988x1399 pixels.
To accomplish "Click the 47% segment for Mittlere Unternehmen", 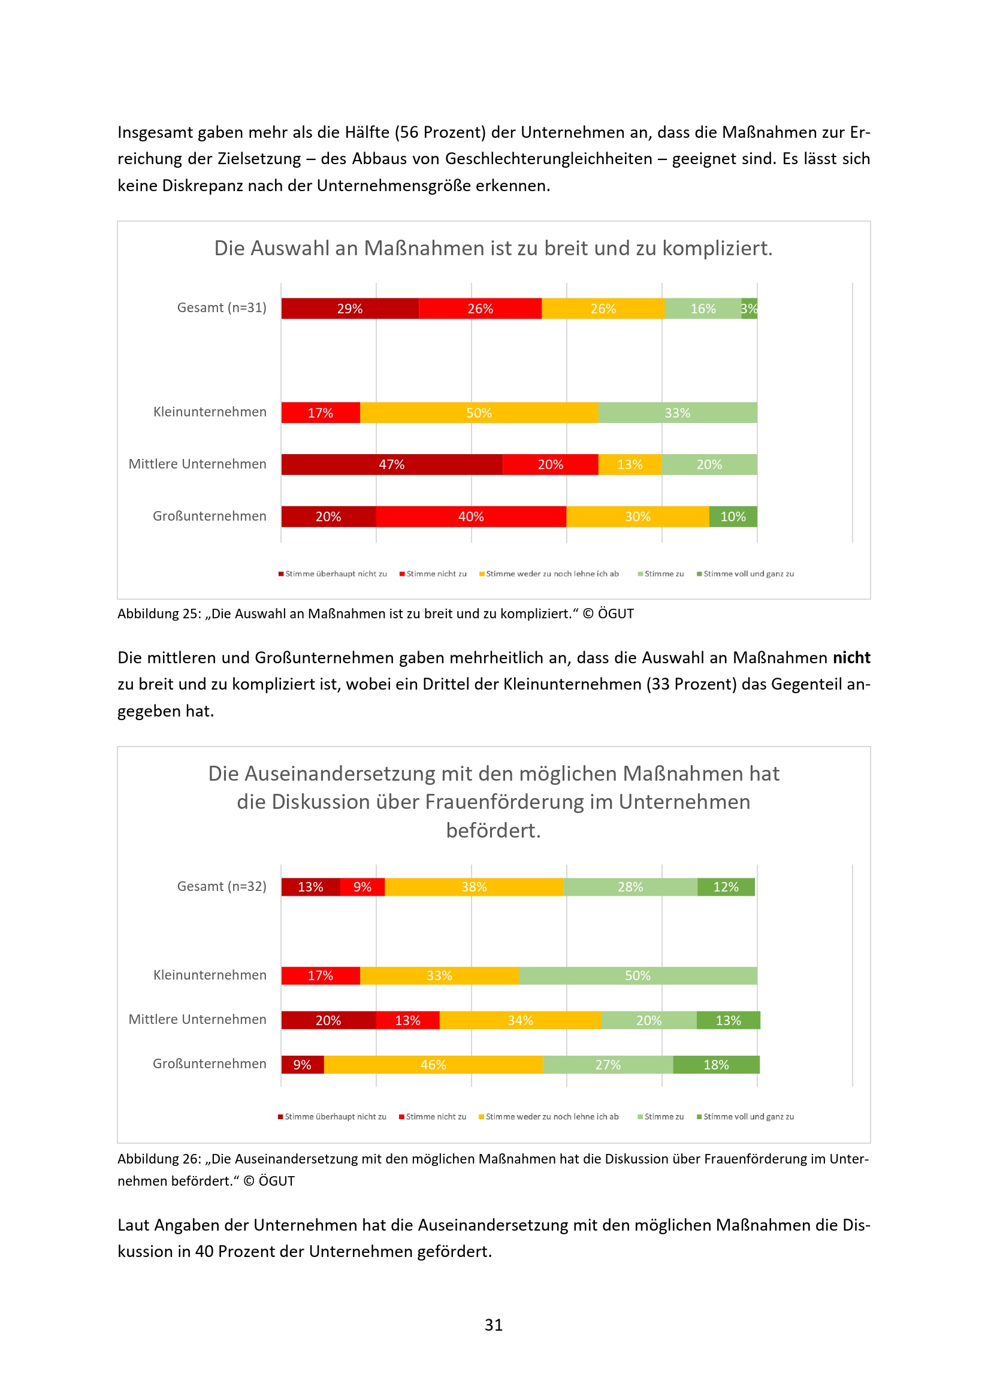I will point(391,464).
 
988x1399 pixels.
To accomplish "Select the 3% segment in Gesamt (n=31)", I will point(749,309).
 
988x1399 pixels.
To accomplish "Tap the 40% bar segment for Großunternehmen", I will point(470,516).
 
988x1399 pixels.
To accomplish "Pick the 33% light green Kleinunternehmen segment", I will point(677,412).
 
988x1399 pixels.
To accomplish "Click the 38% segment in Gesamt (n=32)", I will point(473,887).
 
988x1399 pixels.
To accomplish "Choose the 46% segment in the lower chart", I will point(433,1065).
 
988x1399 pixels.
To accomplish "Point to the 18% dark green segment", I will point(716,1065).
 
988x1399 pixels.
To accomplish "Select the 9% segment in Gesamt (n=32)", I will point(362,887).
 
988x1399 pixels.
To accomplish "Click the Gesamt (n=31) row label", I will point(221,308).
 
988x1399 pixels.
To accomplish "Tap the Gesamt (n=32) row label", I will point(221,886).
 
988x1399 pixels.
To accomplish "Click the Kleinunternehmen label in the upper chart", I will point(210,412).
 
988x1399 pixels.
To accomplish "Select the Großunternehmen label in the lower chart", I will point(210,1063).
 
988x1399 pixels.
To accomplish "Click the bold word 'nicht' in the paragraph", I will point(851,657).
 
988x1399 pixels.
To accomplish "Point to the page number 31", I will point(494,1325).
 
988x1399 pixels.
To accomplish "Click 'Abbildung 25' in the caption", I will point(158,614).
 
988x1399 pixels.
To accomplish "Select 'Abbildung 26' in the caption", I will point(158,1158).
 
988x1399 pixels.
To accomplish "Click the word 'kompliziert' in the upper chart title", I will point(717,248).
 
